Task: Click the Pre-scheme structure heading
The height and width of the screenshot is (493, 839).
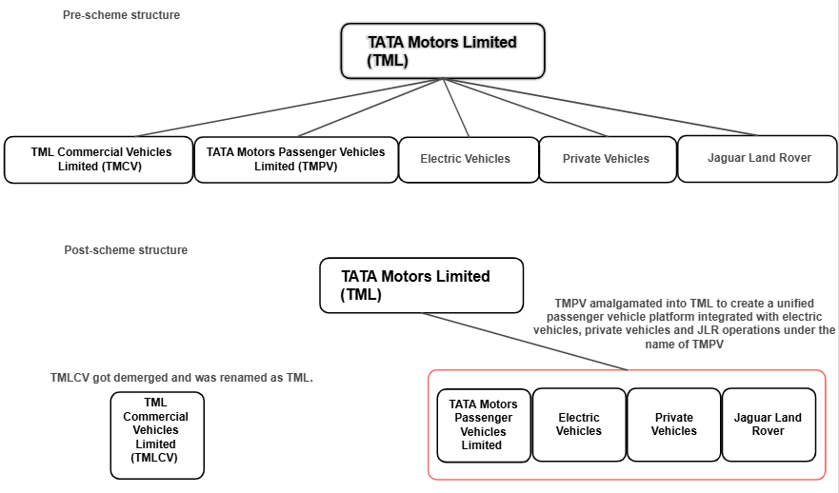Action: tap(121, 15)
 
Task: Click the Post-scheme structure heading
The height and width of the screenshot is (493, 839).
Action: tap(126, 250)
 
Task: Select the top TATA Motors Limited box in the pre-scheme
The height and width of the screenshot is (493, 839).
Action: tap(443, 51)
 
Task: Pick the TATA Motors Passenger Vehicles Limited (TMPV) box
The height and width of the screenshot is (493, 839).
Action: tap(295, 159)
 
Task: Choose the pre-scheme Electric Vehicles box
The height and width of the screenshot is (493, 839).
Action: tap(466, 159)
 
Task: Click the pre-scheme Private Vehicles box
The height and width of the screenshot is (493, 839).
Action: tap(606, 159)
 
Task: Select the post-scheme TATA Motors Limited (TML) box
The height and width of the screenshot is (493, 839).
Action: tap(421, 285)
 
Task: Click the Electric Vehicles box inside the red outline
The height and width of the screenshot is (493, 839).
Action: tap(579, 424)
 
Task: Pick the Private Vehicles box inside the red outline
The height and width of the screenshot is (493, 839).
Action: tap(673, 424)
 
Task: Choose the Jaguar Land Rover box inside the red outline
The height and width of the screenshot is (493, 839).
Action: tap(768, 424)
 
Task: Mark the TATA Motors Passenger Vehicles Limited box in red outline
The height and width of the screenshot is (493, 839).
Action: tap(483, 424)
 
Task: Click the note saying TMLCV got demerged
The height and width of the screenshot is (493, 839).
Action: tap(181, 378)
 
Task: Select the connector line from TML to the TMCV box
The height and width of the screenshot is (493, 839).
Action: tap(286, 108)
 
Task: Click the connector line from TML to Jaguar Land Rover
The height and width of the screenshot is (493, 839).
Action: tap(600, 108)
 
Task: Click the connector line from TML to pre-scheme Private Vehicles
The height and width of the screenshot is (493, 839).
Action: tap(524, 108)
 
